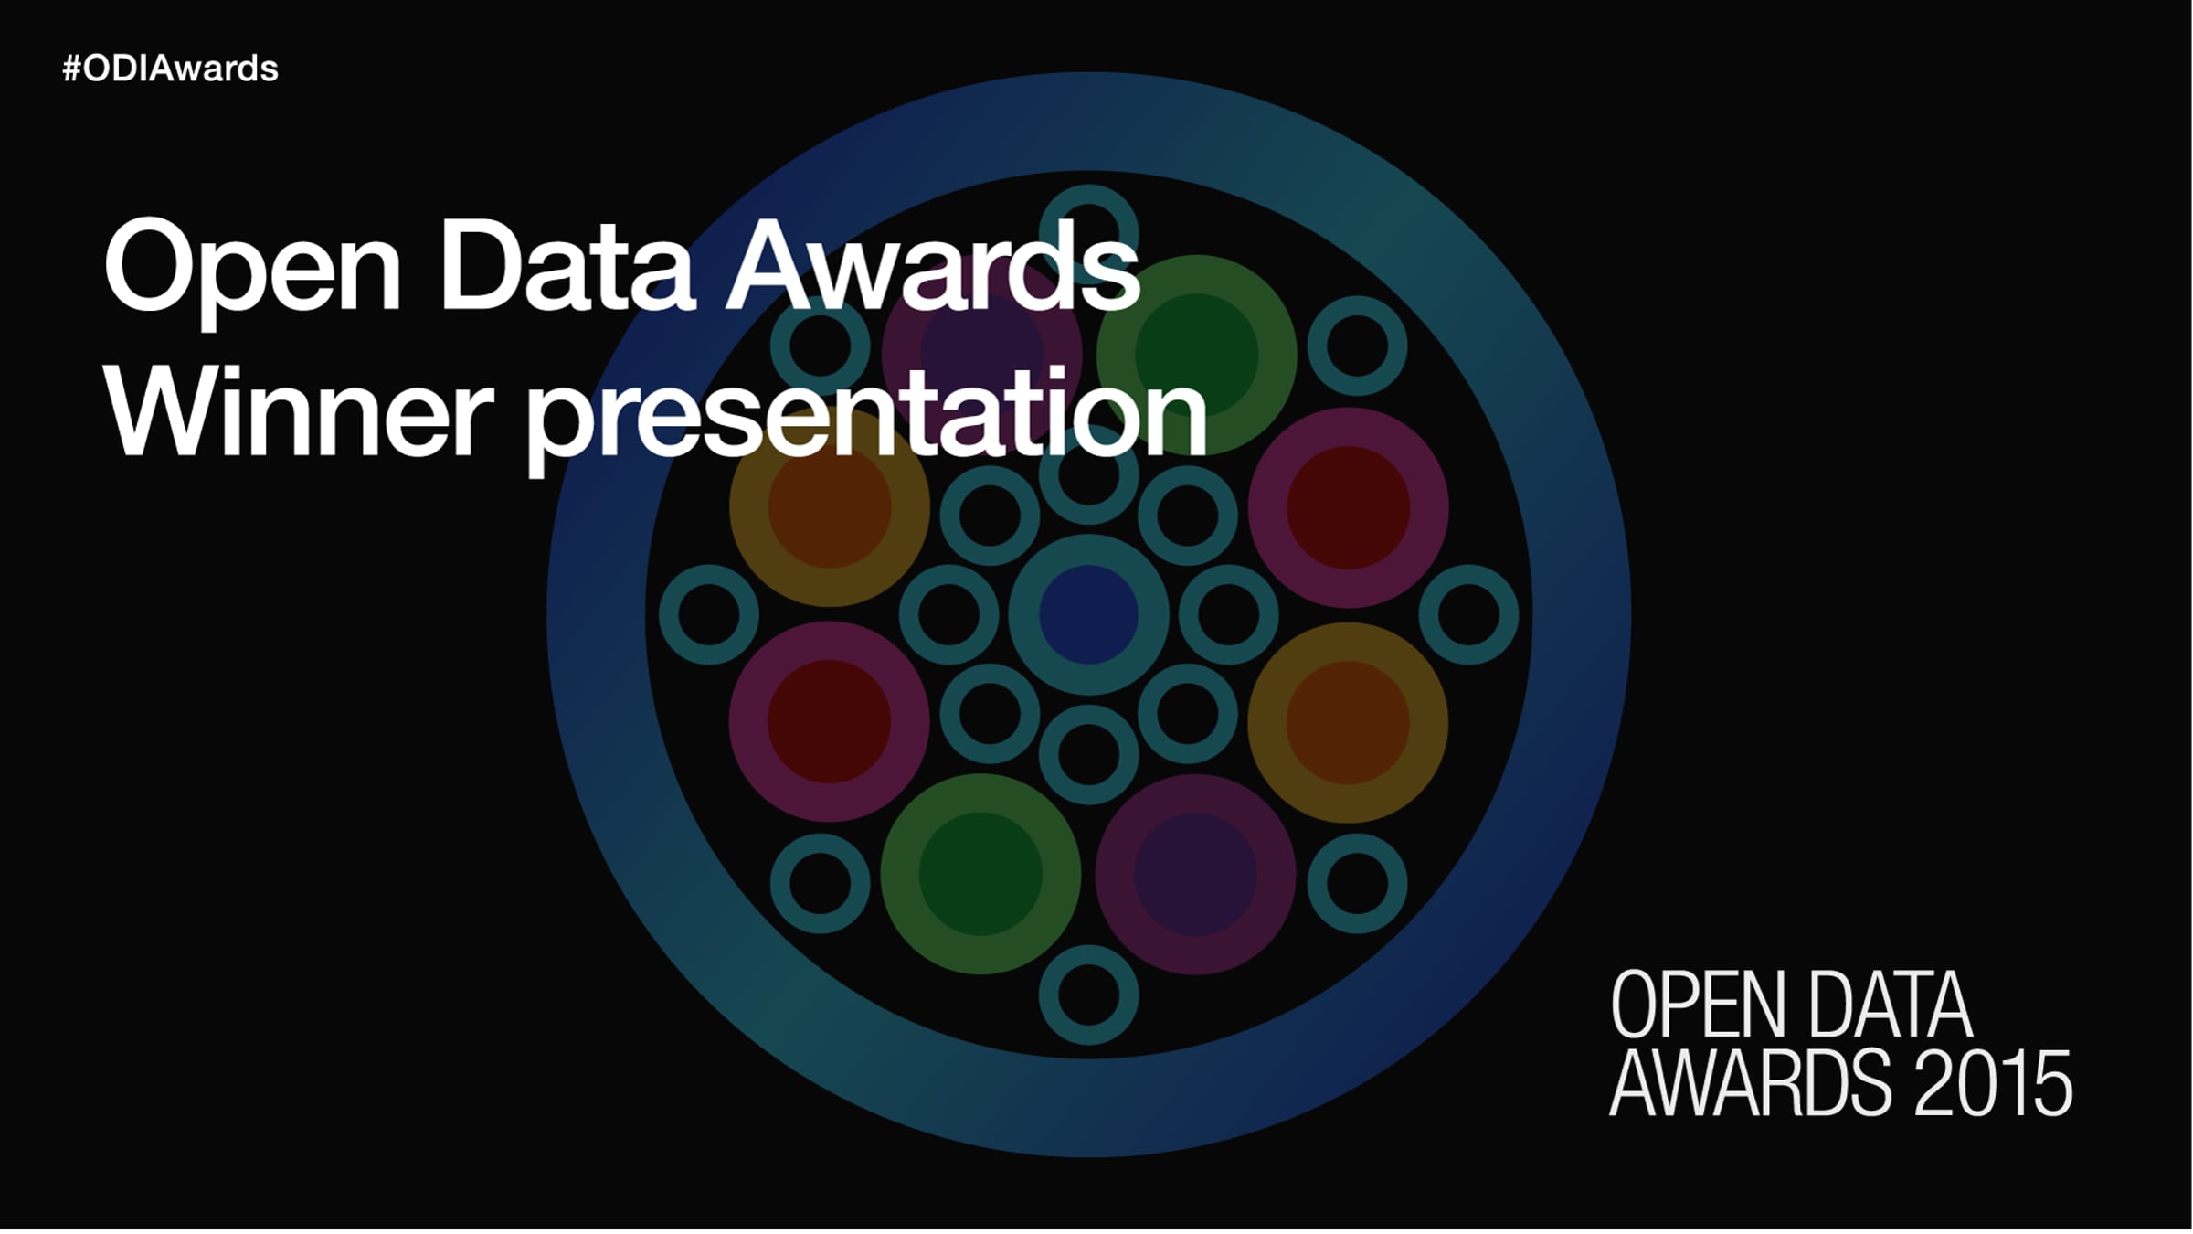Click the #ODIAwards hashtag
170,69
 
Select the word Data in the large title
566,267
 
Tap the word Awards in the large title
933,267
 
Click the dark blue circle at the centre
1088,614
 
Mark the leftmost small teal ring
709,614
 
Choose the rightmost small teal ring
1468,614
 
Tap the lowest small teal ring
1088,995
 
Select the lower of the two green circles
980,874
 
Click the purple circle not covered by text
1195,874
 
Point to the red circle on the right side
1348,507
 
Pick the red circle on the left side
829,721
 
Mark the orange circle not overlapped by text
1348,722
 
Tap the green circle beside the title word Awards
1196,355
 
